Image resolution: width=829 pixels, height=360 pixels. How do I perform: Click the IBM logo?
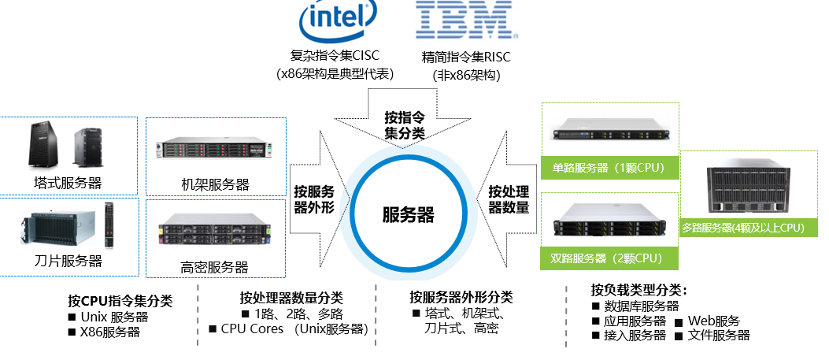point(467,20)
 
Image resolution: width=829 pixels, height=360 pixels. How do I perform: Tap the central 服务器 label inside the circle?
point(408,214)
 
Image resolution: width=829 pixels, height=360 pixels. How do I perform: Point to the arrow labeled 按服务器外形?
point(314,200)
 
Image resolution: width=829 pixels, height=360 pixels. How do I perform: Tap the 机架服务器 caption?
point(209,184)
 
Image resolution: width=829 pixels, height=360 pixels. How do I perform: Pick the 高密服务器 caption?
point(209,266)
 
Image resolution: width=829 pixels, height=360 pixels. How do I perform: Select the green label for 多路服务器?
point(742,228)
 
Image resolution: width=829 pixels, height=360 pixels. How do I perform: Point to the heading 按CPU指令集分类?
point(120,301)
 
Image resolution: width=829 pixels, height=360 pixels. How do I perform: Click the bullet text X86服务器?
point(109,332)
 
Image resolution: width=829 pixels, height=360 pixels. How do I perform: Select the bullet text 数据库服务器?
point(640,306)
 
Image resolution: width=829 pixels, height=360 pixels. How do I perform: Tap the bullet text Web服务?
point(713,321)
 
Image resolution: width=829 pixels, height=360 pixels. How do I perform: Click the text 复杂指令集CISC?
point(335,56)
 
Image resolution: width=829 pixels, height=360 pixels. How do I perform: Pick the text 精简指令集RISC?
point(466,57)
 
